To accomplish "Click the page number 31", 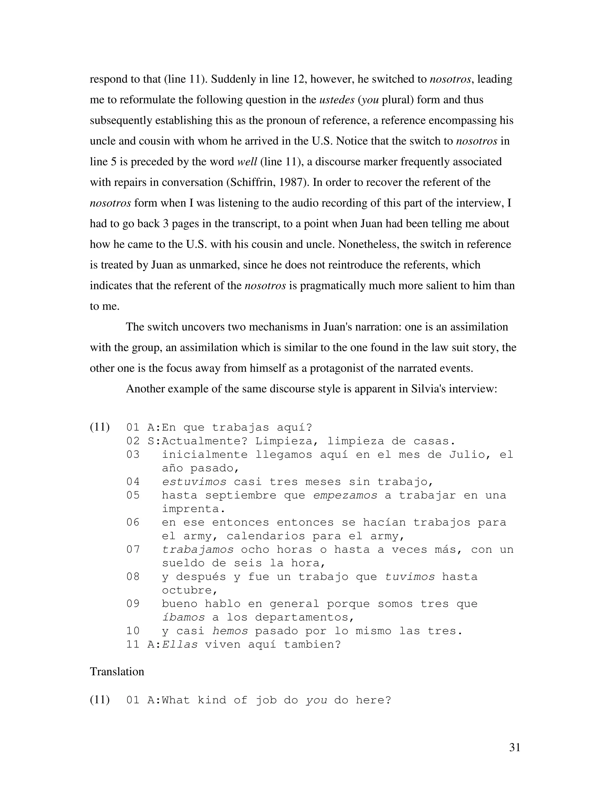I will click(x=514, y=747).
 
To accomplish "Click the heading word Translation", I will click(x=117, y=672).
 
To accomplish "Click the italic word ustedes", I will click(x=337, y=100).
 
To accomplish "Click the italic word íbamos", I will click(x=183, y=617).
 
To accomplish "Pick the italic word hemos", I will click(x=230, y=631).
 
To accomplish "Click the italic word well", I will click(x=247, y=162).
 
